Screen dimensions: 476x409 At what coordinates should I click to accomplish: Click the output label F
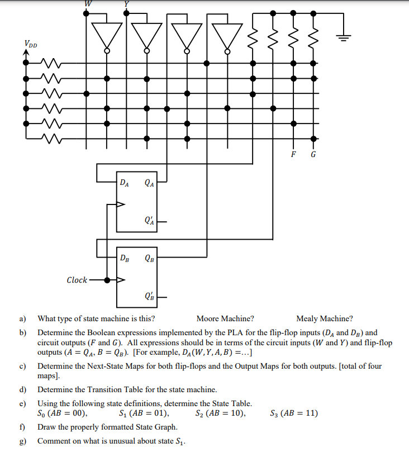(x=293, y=155)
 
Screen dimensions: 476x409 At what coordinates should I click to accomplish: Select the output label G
(x=313, y=155)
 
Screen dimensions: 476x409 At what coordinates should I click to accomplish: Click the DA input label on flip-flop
(x=125, y=182)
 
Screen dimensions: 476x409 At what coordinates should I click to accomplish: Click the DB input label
(x=125, y=258)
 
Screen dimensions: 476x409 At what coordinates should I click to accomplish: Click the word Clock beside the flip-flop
(x=77, y=280)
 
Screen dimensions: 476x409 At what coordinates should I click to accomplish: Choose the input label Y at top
(x=126, y=3)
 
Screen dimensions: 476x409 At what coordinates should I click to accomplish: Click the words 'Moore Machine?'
(x=225, y=319)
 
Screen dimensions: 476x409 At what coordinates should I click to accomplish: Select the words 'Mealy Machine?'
(x=324, y=319)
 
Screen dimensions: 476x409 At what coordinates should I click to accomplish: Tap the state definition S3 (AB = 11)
(x=293, y=414)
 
